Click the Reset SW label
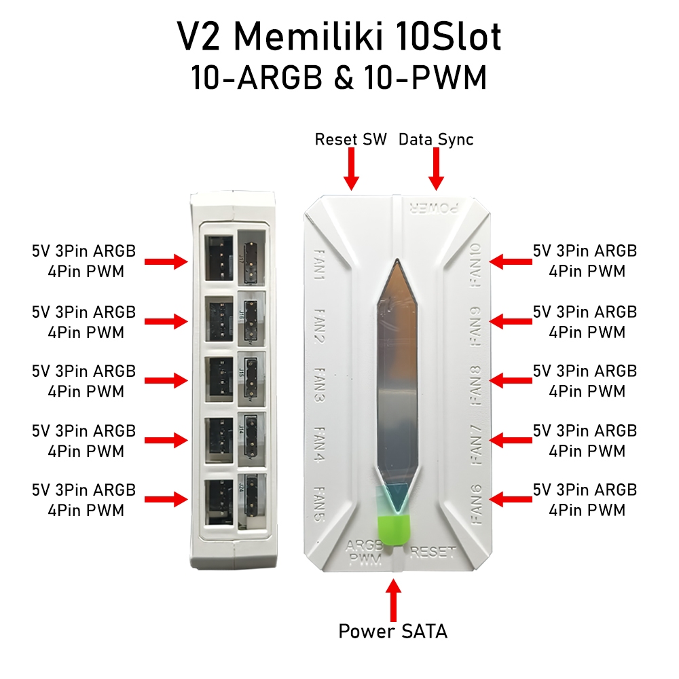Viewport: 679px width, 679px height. [x=350, y=139]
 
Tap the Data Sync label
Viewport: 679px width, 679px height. [x=436, y=139]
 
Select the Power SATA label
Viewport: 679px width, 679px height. [x=393, y=631]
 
